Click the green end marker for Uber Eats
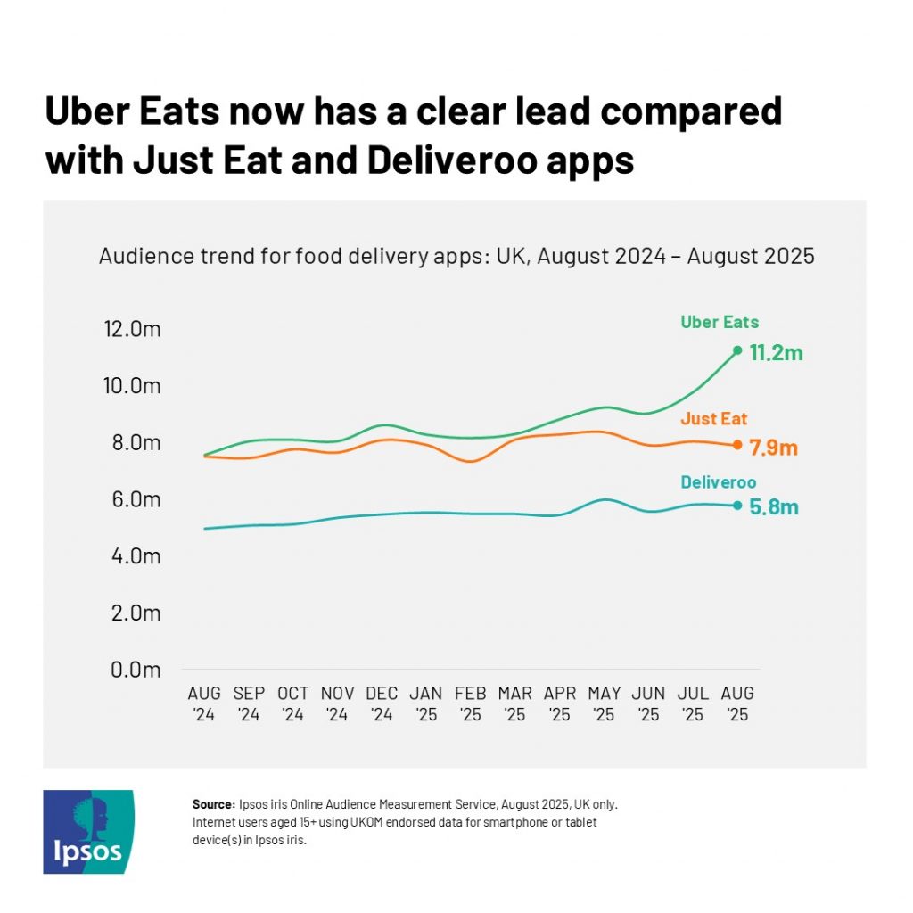[737, 350]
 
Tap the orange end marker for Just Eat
[737, 445]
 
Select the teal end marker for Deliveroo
[737, 506]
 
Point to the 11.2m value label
[776, 353]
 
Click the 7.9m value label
[773, 448]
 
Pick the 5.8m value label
[773, 508]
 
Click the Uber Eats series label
[720, 323]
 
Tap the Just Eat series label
[713, 419]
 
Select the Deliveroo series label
[718, 482]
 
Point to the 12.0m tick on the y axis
[132, 329]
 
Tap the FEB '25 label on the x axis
[470, 703]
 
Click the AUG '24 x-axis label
[204, 703]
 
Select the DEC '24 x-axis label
[382, 703]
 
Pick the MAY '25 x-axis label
[604, 703]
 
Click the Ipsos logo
[88, 832]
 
